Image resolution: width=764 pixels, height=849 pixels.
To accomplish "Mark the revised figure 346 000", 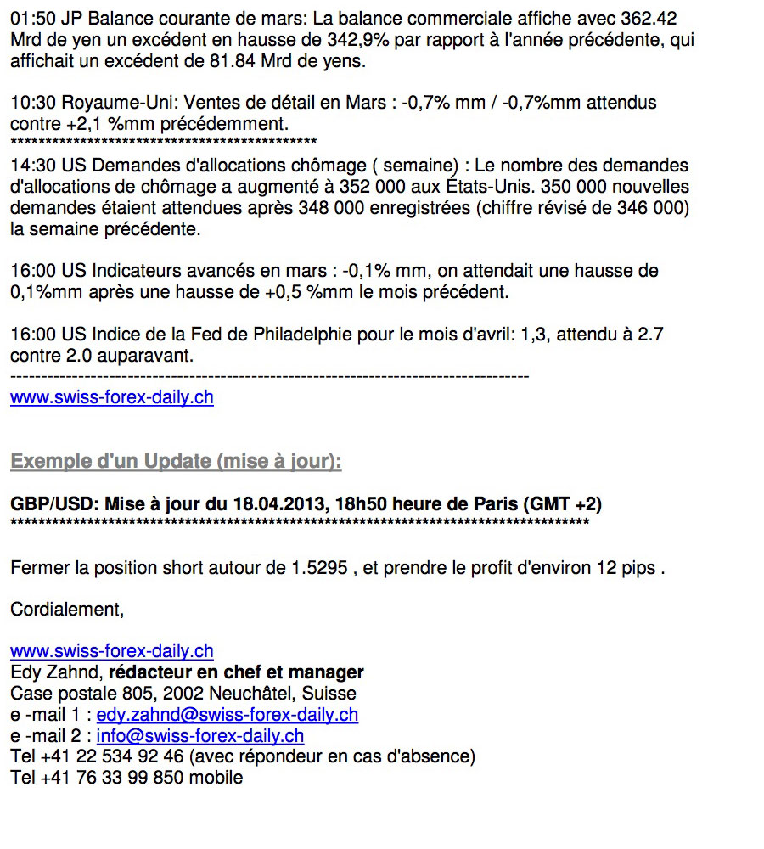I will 653,208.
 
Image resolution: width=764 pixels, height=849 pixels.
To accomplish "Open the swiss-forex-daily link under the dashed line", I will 112,397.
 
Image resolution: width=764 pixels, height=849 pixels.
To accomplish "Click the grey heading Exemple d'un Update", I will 176,462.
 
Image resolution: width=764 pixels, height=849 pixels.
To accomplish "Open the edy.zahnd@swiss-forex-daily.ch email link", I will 227,715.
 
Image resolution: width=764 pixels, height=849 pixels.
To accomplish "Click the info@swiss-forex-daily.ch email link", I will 199,736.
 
